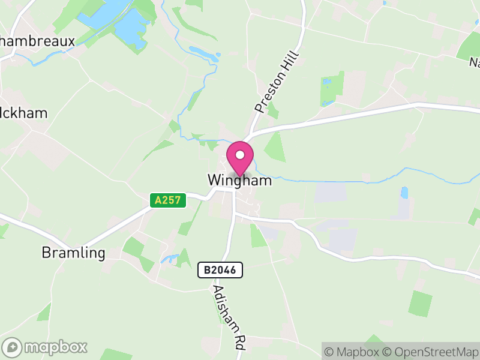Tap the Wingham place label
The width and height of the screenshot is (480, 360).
[x=239, y=180]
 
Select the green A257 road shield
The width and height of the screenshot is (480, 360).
[x=168, y=200]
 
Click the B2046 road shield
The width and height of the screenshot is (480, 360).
[x=220, y=271]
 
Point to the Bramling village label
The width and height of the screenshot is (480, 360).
[x=73, y=253]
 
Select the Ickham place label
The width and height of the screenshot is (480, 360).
[x=24, y=113]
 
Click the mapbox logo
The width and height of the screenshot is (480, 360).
[x=45, y=347]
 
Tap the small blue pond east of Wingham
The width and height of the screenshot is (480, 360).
[x=404, y=193]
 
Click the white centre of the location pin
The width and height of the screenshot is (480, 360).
[x=240, y=155]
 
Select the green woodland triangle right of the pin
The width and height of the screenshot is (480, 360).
[x=275, y=148]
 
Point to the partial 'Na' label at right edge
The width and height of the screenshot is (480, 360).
[x=474, y=62]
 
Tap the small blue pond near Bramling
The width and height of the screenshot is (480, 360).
[x=169, y=260]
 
